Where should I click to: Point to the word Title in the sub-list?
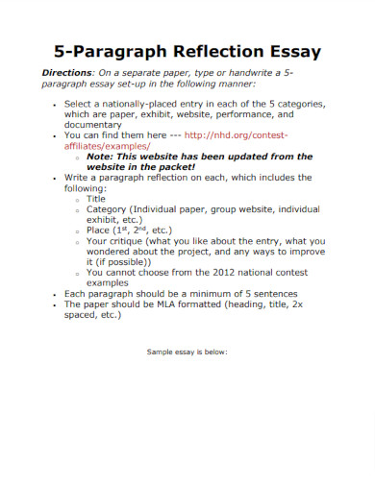(97, 199)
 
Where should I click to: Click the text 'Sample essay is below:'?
(187, 352)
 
